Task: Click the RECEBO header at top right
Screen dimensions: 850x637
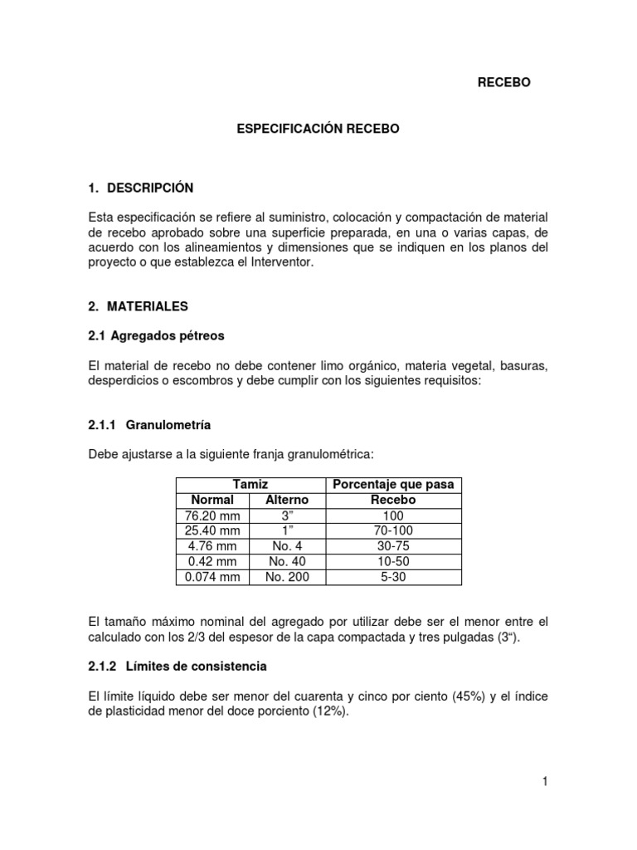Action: [503, 82]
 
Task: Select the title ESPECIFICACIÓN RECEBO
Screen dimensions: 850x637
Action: [319, 129]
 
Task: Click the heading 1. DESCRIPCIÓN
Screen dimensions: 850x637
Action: [140, 188]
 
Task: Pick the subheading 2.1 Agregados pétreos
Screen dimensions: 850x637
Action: [156, 336]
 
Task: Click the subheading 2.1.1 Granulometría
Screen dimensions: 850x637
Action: [149, 425]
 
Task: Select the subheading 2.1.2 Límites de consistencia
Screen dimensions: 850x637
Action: [177, 667]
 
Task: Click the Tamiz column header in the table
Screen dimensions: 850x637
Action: [250, 484]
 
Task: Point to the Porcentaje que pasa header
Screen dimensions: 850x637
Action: [393, 484]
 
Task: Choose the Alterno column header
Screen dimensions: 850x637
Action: [286, 500]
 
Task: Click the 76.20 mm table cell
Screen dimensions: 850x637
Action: [213, 515]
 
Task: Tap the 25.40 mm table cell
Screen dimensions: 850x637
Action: [213, 530]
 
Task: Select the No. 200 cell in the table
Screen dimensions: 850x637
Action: [286, 577]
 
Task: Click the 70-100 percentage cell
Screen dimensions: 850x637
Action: [393, 530]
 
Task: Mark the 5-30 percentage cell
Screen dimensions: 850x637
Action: [393, 577]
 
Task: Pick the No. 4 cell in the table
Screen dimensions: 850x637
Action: [286, 546]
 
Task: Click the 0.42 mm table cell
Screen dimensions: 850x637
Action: [213, 561]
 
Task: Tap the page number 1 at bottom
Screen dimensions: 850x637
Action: [545, 781]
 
